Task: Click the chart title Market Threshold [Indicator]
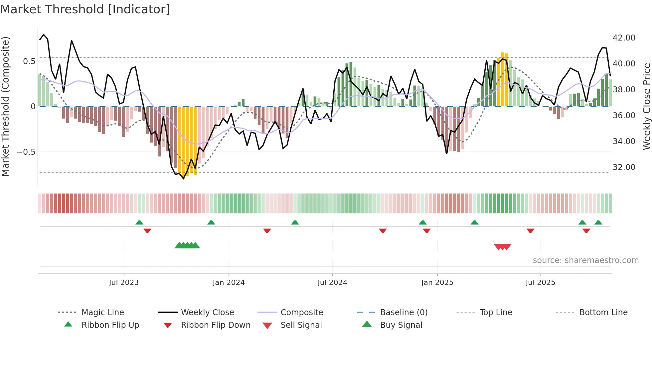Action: (85, 9)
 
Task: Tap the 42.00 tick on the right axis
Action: (624, 38)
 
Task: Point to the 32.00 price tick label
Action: (624, 167)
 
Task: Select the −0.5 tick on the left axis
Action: (26, 152)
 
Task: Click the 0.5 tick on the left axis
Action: (29, 61)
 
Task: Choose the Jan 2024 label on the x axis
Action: (229, 283)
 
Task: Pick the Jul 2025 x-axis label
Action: (540, 283)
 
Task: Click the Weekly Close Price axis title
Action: (646, 106)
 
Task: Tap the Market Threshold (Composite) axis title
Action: (6, 106)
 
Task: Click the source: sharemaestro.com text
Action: (585, 260)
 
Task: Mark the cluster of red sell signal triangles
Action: (502, 247)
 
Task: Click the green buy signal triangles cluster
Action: (187, 245)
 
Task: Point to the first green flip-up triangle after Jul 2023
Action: (139, 223)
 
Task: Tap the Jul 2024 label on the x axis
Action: (332, 283)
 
